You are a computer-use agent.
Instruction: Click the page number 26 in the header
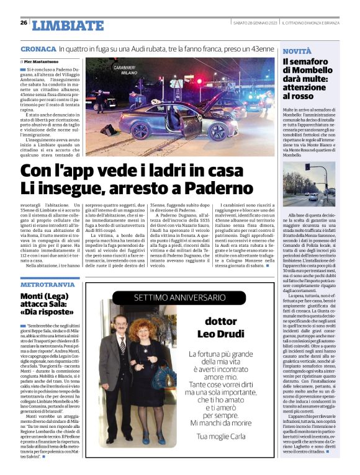(x=24, y=24)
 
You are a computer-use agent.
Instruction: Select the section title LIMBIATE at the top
(x=68, y=25)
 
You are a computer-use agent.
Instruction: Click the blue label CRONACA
(x=38, y=48)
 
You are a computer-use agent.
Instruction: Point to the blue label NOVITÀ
(x=296, y=50)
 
